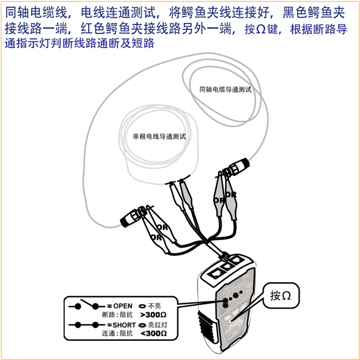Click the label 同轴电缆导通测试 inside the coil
point(226,89)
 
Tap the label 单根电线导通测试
point(159,137)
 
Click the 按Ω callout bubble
point(281,295)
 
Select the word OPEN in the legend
point(123,306)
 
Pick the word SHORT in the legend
point(124,325)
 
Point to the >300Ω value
point(154,314)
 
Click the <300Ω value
point(154,334)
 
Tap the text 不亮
point(154,306)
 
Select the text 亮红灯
point(158,325)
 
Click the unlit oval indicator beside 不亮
point(142,306)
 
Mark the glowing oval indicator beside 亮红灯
point(142,325)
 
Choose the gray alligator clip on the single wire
point(186,194)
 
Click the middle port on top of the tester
point(227,266)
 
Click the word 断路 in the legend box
point(108,314)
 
